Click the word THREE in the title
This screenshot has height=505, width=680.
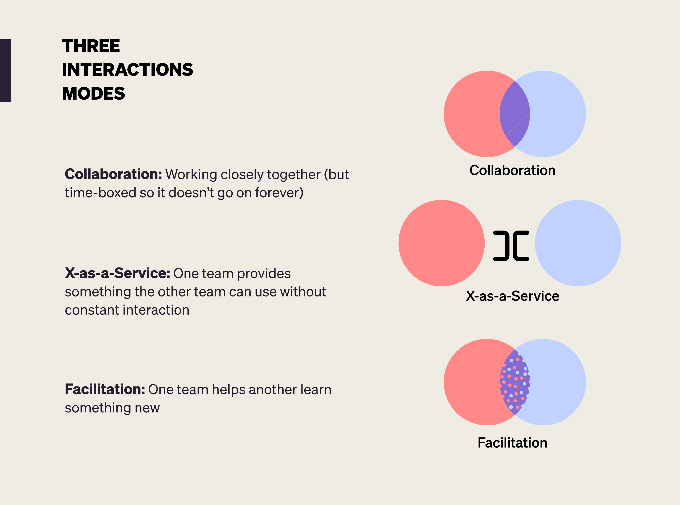[91, 46]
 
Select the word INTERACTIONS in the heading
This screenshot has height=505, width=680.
[127, 70]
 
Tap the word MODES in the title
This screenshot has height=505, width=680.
[93, 94]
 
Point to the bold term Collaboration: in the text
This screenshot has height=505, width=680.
[113, 174]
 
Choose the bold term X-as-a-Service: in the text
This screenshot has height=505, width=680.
[117, 273]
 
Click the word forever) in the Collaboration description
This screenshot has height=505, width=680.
[279, 193]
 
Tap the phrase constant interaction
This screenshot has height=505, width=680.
[127, 310]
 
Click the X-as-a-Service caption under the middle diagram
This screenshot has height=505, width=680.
[512, 296]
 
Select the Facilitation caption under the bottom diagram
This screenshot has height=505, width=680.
[512, 443]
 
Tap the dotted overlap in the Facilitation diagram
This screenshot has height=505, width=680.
[515, 382]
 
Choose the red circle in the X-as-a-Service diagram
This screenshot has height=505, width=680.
[441, 243]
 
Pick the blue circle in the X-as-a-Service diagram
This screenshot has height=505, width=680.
[578, 243]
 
